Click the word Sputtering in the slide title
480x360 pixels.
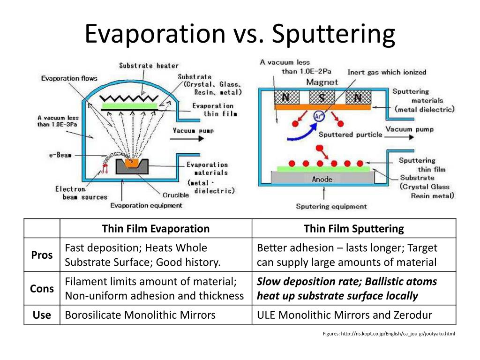[x=333, y=34]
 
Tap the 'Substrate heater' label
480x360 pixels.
[x=149, y=66]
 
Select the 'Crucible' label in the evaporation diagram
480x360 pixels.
[x=176, y=195]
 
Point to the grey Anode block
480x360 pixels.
[x=322, y=179]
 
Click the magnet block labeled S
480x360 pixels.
[x=322, y=97]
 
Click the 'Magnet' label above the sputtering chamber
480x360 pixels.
[x=322, y=82]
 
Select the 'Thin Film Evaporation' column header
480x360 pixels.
[x=156, y=229]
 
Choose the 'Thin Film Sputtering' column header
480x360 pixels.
[x=353, y=229]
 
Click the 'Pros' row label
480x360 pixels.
[x=42, y=255]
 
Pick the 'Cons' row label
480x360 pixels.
[x=42, y=289]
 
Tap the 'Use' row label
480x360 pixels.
[x=42, y=315]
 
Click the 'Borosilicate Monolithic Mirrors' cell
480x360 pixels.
[x=140, y=315]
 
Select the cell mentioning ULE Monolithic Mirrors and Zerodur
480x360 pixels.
[x=345, y=315]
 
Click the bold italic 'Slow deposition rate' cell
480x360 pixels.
[x=347, y=289]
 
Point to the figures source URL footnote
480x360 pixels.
[x=389, y=334]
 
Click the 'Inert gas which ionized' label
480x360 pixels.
[x=387, y=72]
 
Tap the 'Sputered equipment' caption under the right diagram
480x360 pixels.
[x=331, y=206]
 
